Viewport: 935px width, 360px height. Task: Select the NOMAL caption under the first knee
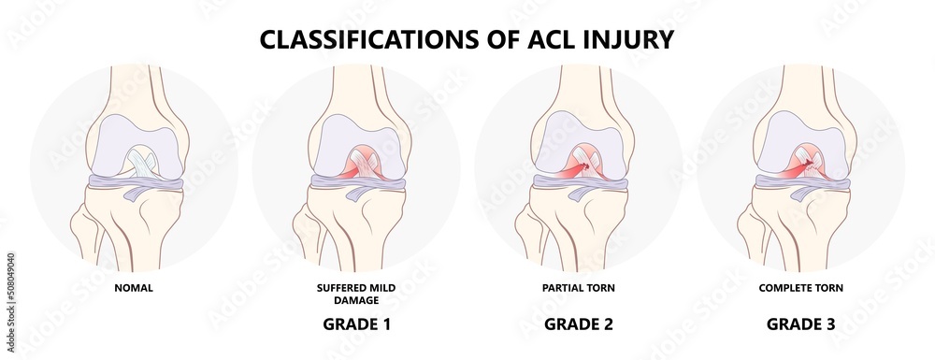134,288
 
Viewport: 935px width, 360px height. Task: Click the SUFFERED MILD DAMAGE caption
355,295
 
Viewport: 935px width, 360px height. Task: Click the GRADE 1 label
355,325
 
